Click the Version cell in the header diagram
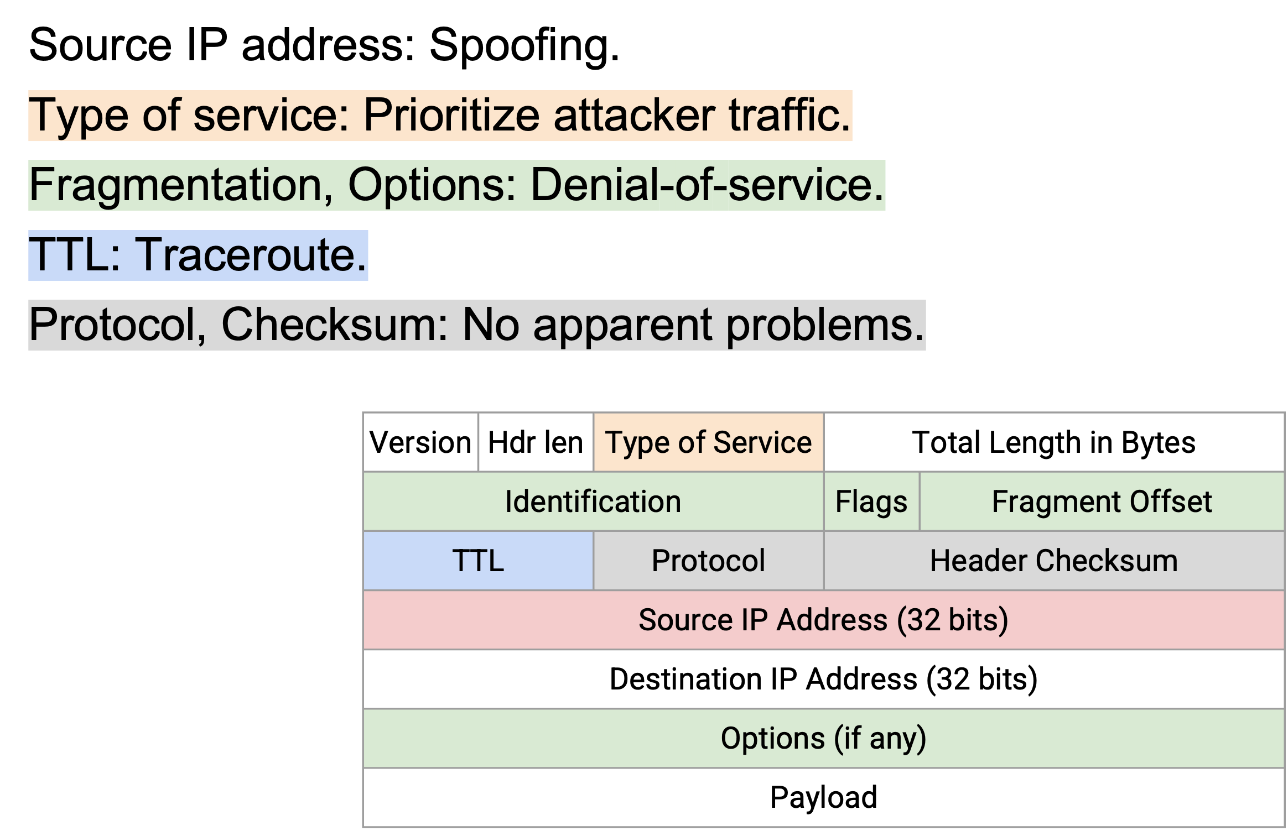[x=420, y=442]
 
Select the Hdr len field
[x=536, y=442]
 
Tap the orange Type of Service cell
[x=709, y=442]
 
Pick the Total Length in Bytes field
[x=1054, y=442]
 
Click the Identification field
[x=594, y=501]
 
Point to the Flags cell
[x=872, y=501]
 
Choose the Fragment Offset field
[x=1102, y=501]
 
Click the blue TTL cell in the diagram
[x=479, y=561]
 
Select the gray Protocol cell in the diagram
[x=709, y=561]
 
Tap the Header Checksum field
[x=1054, y=561]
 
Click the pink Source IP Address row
[x=824, y=620]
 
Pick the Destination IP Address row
[x=824, y=679]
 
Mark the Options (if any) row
[x=824, y=738]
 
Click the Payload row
[x=824, y=797]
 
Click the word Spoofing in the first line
[x=524, y=46]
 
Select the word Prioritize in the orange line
[x=451, y=116]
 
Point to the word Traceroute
[x=251, y=255]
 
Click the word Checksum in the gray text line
[x=335, y=326]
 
